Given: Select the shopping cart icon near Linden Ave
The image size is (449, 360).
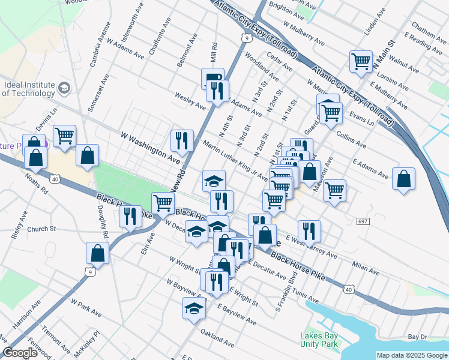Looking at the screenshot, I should coord(361,61).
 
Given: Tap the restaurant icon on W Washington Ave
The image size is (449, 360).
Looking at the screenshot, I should coord(181,140).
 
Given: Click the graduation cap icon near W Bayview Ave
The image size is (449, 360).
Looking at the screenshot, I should coord(194,308).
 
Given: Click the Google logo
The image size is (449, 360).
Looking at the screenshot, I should coord(20,353).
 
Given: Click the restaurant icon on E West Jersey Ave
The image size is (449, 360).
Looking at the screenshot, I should coord(309,230).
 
